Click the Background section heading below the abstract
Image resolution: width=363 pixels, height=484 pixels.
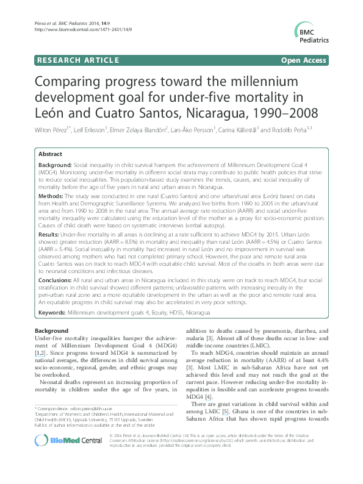[x=52, y=330]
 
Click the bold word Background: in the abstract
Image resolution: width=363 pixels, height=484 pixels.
[x=55, y=165]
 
